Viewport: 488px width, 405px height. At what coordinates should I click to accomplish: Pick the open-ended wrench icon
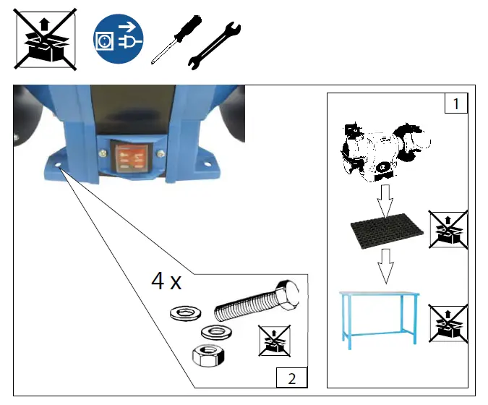pyautogui.click(x=214, y=46)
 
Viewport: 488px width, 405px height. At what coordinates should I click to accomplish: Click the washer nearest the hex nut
pyautogui.click(x=212, y=331)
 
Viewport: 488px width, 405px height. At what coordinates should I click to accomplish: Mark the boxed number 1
pyautogui.click(x=455, y=104)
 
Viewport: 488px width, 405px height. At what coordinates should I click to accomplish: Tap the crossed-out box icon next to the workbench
pyautogui.click(x=448, y=322)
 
